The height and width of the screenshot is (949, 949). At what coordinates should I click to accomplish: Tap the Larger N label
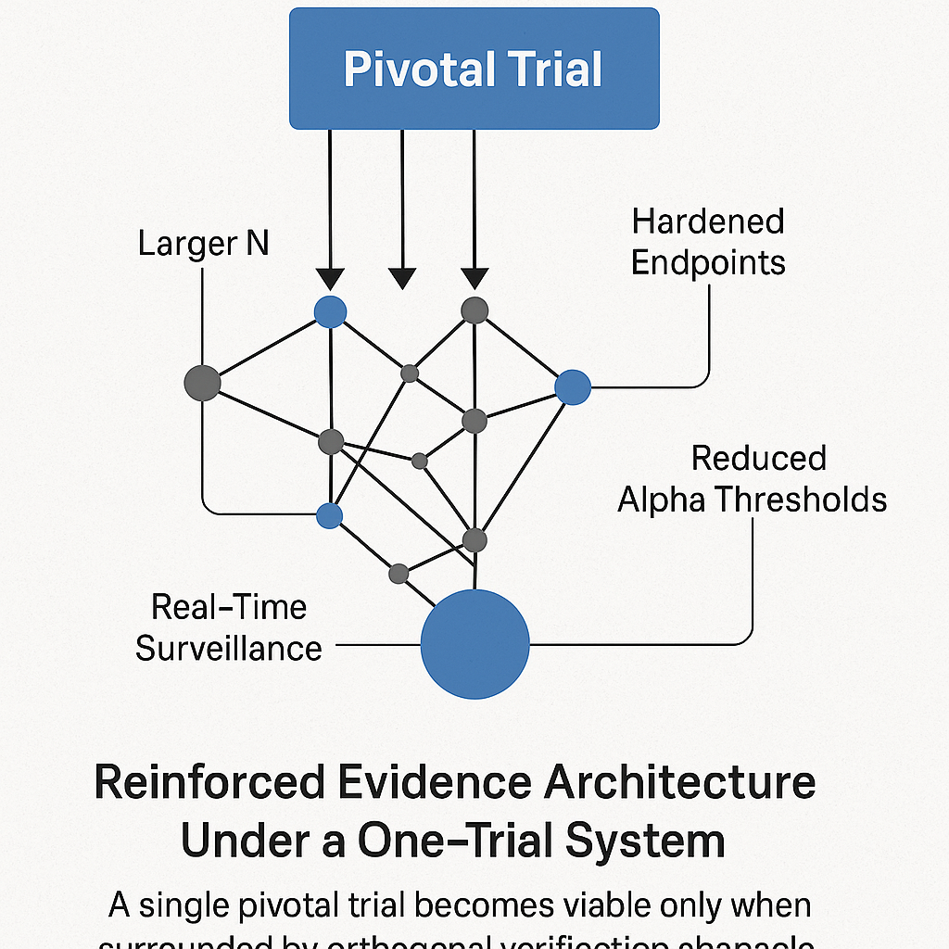click(x=203, y=244)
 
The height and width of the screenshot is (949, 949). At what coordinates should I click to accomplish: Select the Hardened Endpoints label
click(x=708, y=242)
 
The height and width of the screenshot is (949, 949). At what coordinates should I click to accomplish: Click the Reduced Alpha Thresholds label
click(x=752, y=479)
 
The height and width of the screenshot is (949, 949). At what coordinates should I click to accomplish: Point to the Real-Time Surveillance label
click(x=228, y=627)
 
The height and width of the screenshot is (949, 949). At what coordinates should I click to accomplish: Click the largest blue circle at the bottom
click(x=474, y=643)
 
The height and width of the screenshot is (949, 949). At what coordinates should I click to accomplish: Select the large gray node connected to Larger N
click(x=203, y=382)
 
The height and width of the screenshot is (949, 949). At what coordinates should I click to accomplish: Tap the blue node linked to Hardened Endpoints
click(x=573, y=386)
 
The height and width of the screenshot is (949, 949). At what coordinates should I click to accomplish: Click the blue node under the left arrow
click(x=330, y=311)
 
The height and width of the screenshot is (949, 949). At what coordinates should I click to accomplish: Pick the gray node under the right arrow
click(x=474, y=310)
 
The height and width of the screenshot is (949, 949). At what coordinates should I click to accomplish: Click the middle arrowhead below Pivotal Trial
click(x=402, y=277)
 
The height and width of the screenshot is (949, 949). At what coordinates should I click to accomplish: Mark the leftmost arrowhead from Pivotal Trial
click(x=330, y=277)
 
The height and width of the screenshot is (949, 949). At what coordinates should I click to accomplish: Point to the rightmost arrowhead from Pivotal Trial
click(x=474, y=277)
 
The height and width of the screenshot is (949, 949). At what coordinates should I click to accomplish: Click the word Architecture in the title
click(x=679, y=784)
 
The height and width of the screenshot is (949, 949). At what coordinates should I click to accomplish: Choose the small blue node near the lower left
click(x=330, y=515)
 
